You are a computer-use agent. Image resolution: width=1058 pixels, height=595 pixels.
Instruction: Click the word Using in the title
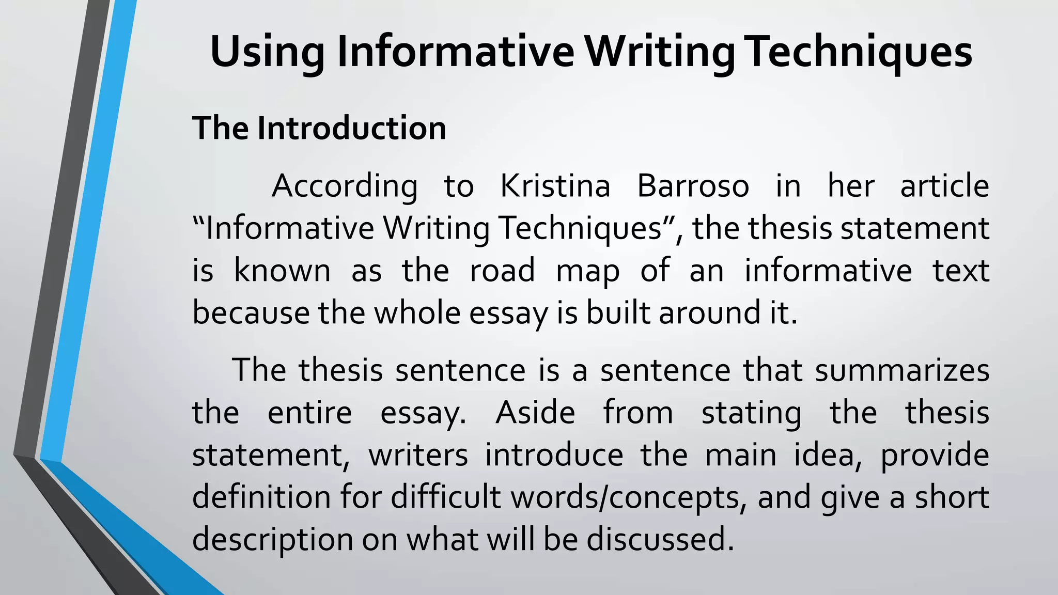267,53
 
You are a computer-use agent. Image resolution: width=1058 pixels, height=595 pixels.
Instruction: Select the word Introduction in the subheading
351,128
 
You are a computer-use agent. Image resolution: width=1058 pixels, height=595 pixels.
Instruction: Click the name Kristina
555,186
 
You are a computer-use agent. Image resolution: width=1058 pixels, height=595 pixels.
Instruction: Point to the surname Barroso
693,186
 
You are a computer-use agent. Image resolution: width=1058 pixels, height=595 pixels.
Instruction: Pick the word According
345,187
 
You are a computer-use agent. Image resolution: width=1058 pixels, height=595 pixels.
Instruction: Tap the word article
944,186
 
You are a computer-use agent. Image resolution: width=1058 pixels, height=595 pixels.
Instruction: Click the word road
502,271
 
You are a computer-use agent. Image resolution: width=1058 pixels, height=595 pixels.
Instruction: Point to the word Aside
535,413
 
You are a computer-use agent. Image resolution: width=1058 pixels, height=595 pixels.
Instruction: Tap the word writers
418,456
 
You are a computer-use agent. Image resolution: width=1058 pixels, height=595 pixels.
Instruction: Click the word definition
261,497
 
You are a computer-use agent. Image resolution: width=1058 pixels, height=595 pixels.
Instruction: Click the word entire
309,413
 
